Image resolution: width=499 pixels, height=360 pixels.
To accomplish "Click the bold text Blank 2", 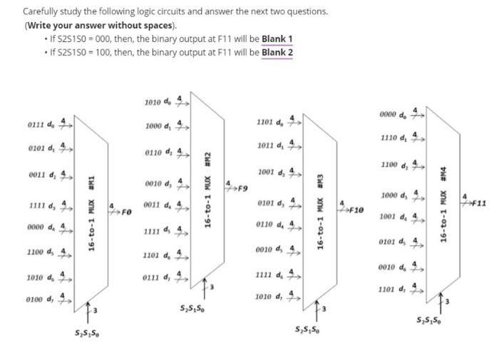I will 278,52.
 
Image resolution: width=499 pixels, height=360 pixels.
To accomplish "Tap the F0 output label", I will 126,212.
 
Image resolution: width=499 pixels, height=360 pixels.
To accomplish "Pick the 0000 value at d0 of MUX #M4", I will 391,114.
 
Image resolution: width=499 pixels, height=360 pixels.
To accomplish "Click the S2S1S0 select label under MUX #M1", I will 87,333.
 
